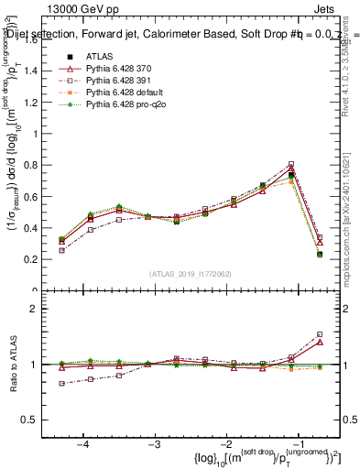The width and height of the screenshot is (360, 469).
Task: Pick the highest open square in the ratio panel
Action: (x=319, y=334)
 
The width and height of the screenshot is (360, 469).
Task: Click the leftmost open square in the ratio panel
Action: (x=61, y=384)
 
